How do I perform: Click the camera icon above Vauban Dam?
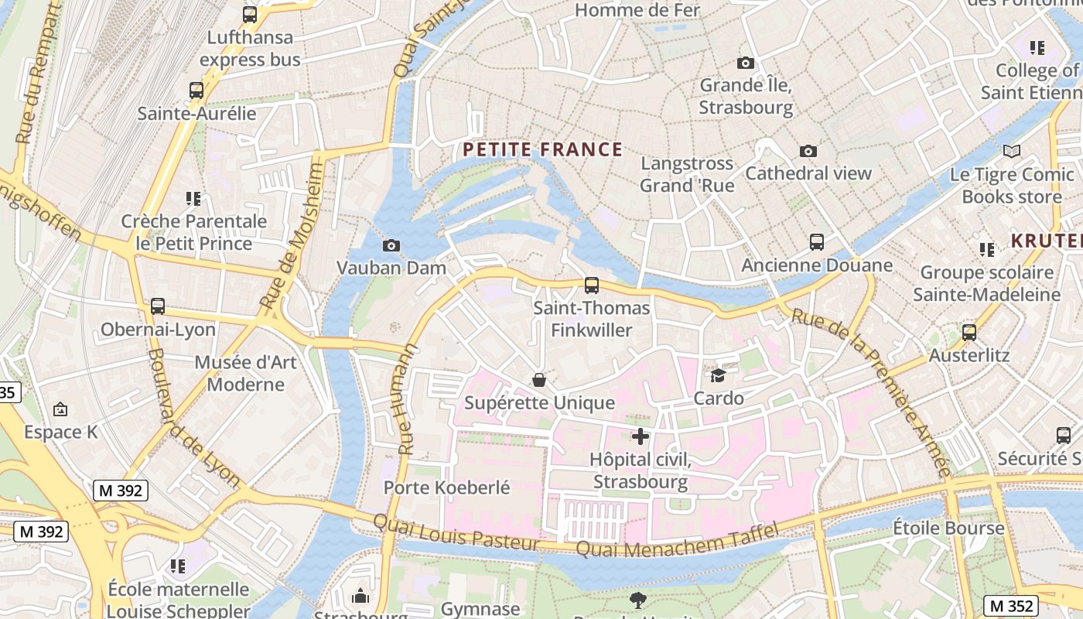point(391,246)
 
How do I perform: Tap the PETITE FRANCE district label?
point(542,149)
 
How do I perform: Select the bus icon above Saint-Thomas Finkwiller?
point(592,286)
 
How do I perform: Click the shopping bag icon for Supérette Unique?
point(539,380)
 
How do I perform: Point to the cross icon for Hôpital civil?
point(641,436)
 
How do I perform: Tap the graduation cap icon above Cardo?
point(719,376)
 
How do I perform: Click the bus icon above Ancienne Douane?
point(817,242)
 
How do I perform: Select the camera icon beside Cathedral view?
point(808,151)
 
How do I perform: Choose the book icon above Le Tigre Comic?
point(1011,152)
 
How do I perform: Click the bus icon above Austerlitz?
point(969,333)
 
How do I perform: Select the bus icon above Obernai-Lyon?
point(158,306)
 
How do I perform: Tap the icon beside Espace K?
point(60,409)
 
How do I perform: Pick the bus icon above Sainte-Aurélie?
point(196,91)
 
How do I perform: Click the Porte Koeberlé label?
point(446,487)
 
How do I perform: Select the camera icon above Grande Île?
point(746,63)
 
